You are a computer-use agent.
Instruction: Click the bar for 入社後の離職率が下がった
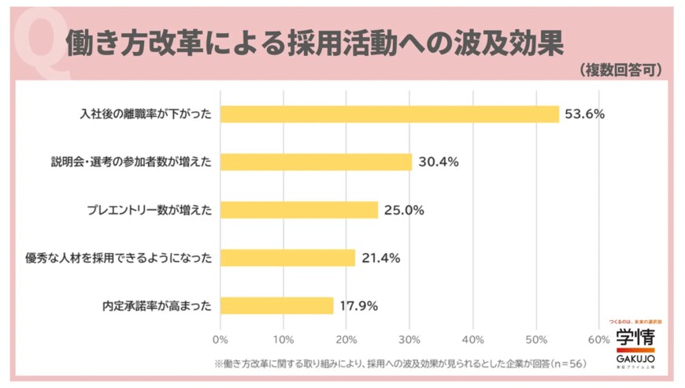point(390,114)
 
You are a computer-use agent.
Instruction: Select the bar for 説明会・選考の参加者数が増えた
point(317,162)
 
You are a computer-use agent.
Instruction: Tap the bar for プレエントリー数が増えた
point(299,210)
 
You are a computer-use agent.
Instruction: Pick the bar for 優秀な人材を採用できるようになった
point(288,257)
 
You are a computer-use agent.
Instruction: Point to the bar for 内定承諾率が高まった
point(277,305)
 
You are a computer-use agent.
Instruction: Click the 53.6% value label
point(584,114)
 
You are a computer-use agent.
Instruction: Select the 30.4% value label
point(438,162)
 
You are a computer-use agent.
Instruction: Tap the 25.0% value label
point(404,210)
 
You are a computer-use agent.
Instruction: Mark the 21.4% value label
point(381,257)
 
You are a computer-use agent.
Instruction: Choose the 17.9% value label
point(359,305)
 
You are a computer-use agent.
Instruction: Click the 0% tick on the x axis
point(220,340)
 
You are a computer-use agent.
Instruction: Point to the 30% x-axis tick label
point(409,340)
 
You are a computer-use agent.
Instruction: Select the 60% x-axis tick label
point(598,340)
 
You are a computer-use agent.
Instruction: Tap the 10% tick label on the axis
point(283,340)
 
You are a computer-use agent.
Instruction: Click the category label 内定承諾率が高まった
point(157,305)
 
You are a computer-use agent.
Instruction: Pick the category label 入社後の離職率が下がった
point(146,114)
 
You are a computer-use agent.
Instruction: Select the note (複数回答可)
point(622,70)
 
